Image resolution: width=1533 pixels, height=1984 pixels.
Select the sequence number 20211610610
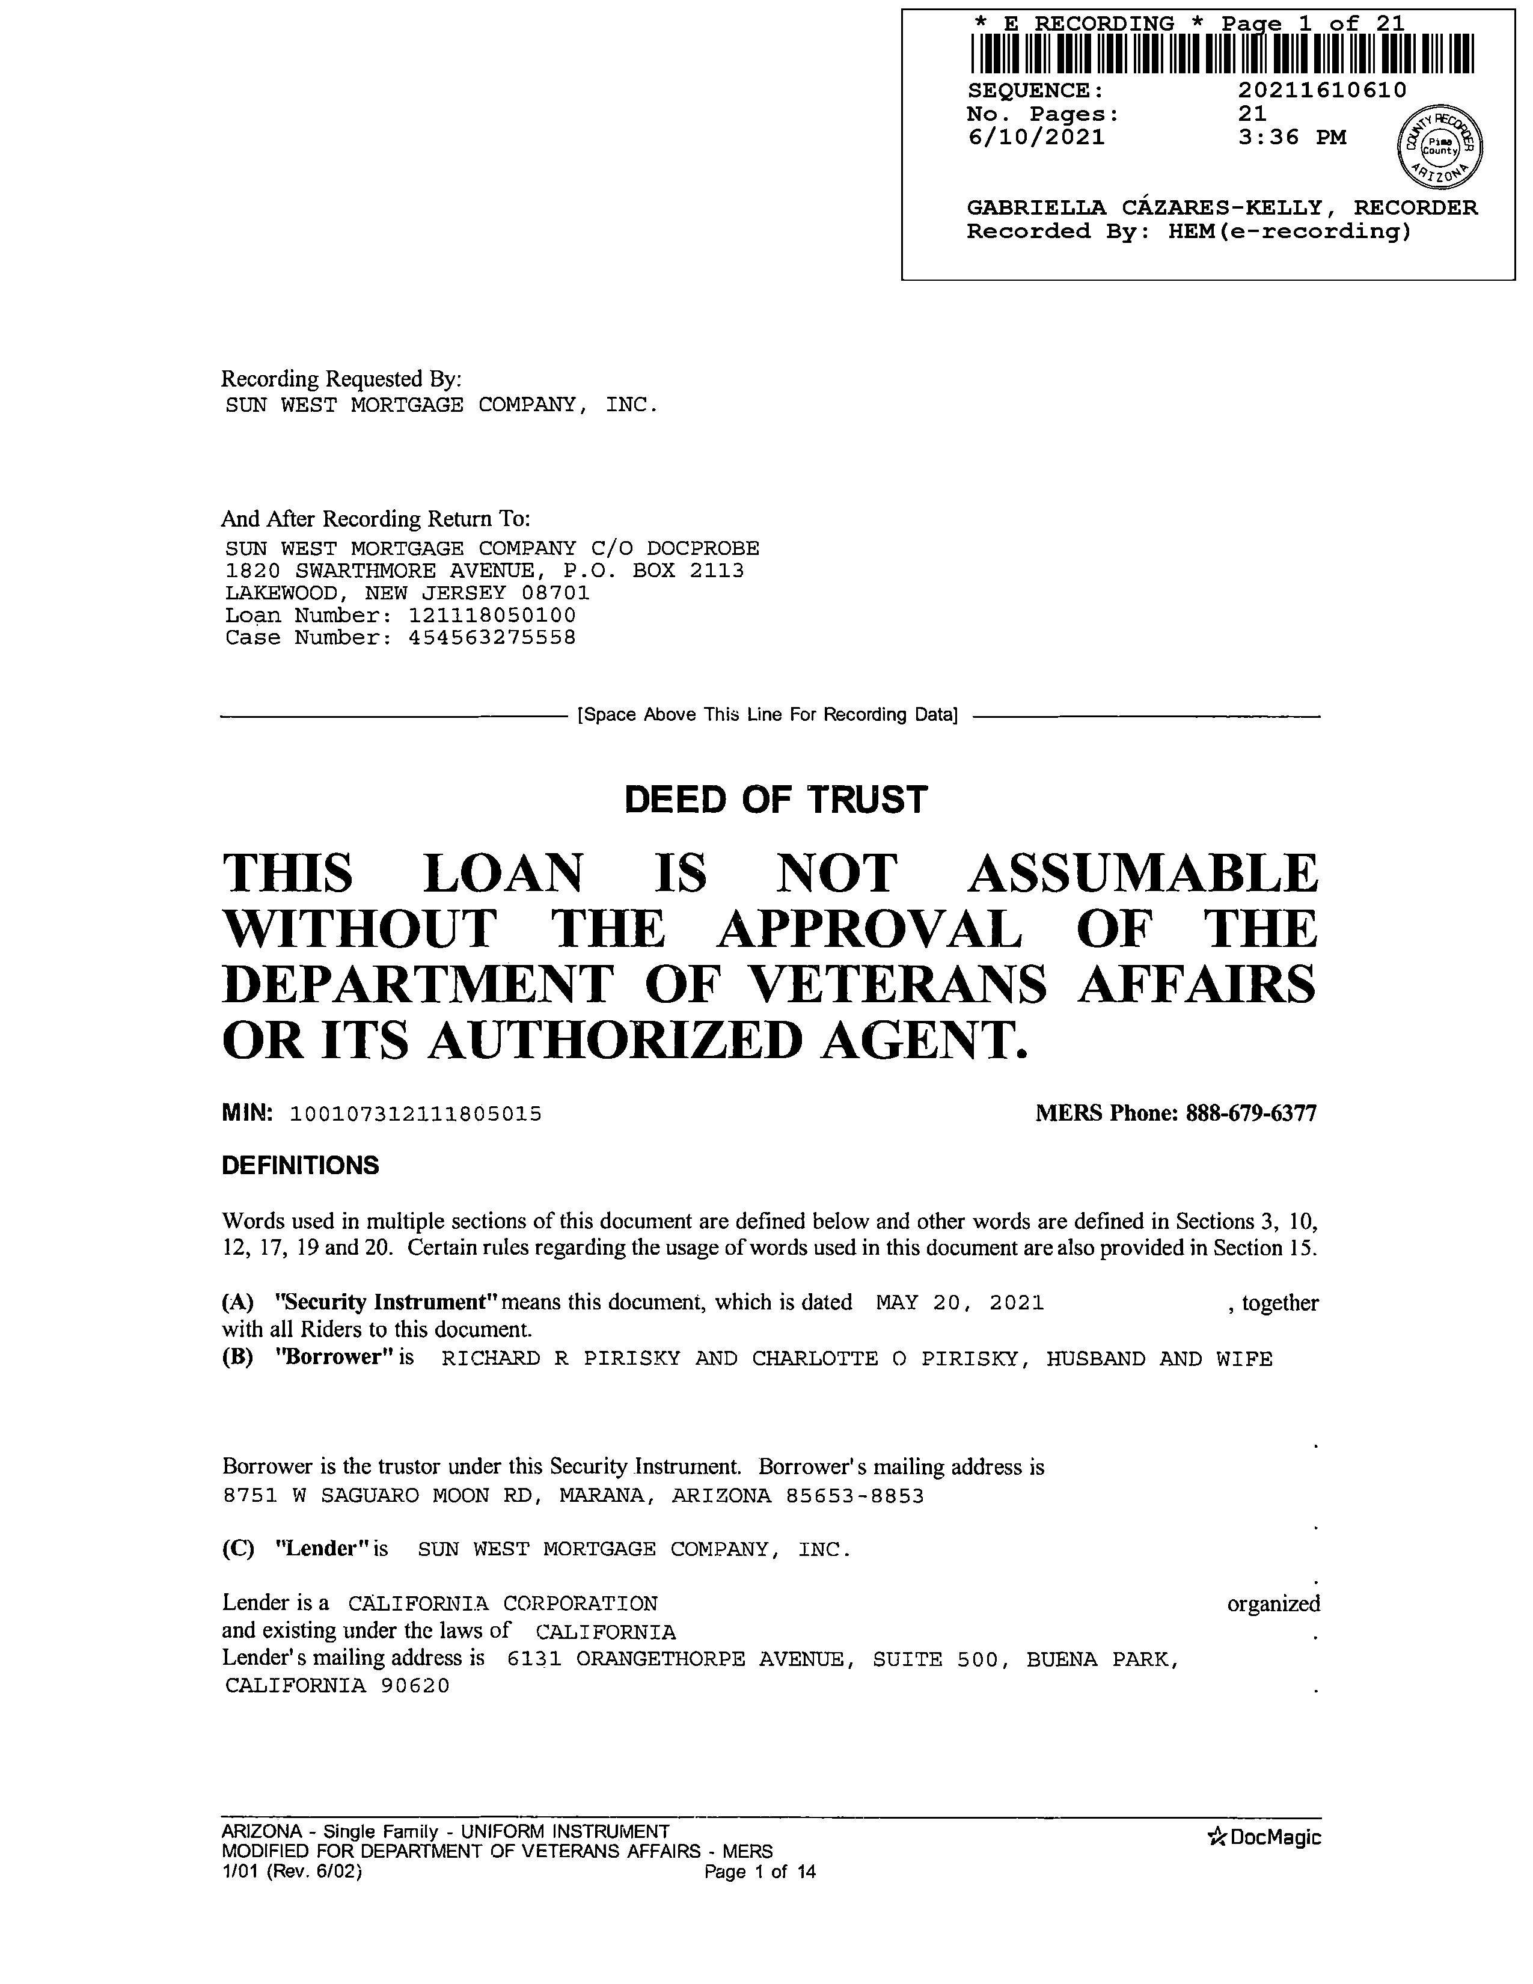tap(1321, 91)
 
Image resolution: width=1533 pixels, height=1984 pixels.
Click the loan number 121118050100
tap(492, 616)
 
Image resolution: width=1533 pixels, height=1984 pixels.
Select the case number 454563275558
tap(492, 638)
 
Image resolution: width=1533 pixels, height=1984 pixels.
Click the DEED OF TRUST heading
tap(776, 800)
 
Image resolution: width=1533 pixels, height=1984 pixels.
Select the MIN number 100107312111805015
tap(415, 1113)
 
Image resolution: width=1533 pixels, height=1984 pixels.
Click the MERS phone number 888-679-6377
tap(1250, 1113)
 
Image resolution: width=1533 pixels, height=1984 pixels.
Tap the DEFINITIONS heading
tap(300, 1166)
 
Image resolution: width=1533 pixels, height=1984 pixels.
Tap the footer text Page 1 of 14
tap(760, 1872)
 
